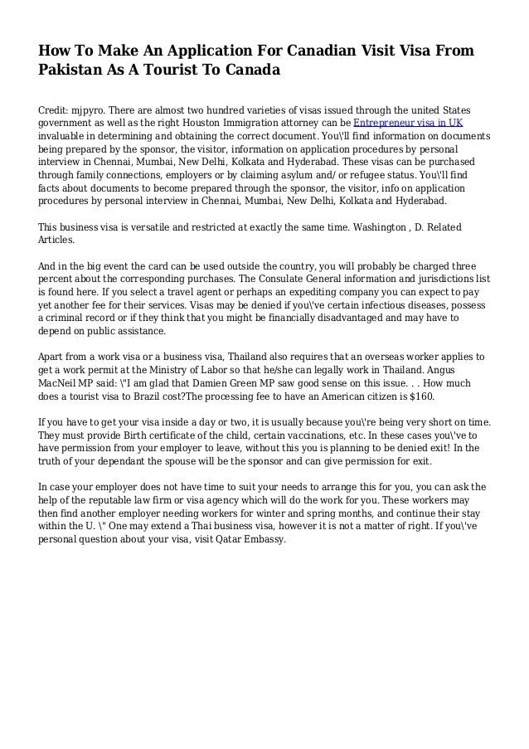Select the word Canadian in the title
298,51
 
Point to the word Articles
56,241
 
